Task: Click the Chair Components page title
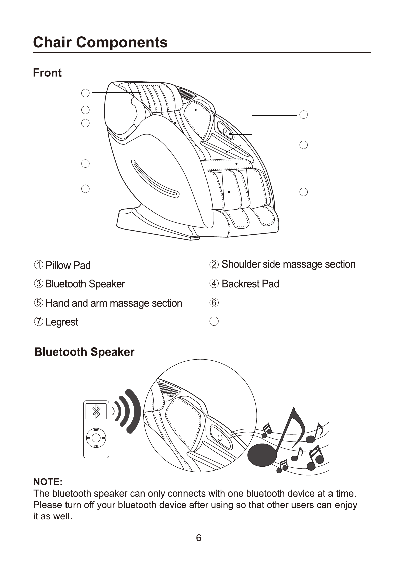[x=100, y=42]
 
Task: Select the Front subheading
[x=47, y=73]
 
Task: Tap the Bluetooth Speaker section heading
[x=85, y=352]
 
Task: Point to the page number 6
[x=198, y=538]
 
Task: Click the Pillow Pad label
[x=68, y=265]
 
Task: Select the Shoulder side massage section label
[x=288, y=264]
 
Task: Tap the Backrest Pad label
[x=250, y=284]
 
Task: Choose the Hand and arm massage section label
[x=114, y=303]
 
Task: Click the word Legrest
[x=62, y=322]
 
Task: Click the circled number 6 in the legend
[x=214, y=303]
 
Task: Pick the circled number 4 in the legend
[x=214, y=284]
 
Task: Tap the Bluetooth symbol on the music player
[x=96, y=411]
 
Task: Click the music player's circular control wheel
[x=96, y=438]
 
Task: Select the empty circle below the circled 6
[x=214, y=321]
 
